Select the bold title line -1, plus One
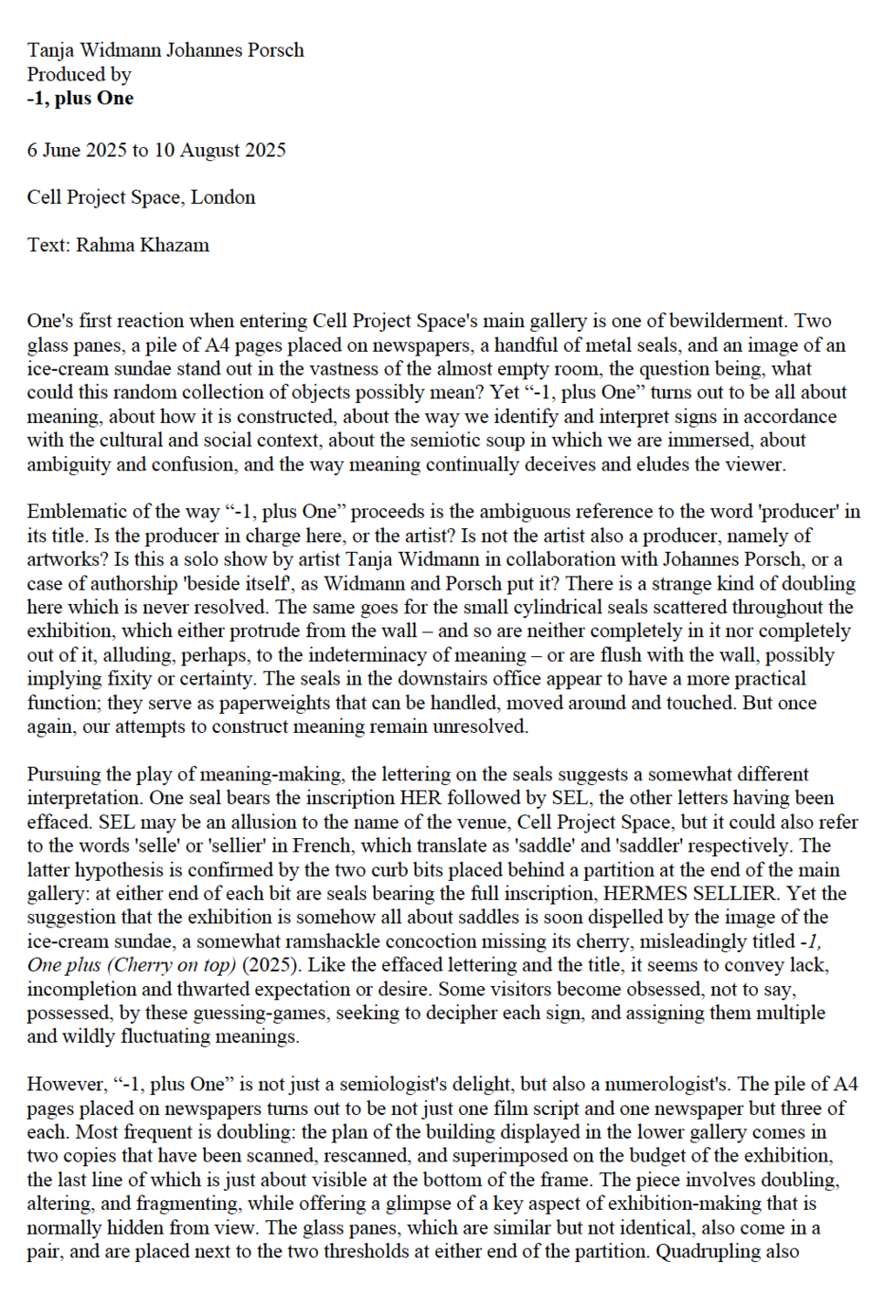80,98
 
